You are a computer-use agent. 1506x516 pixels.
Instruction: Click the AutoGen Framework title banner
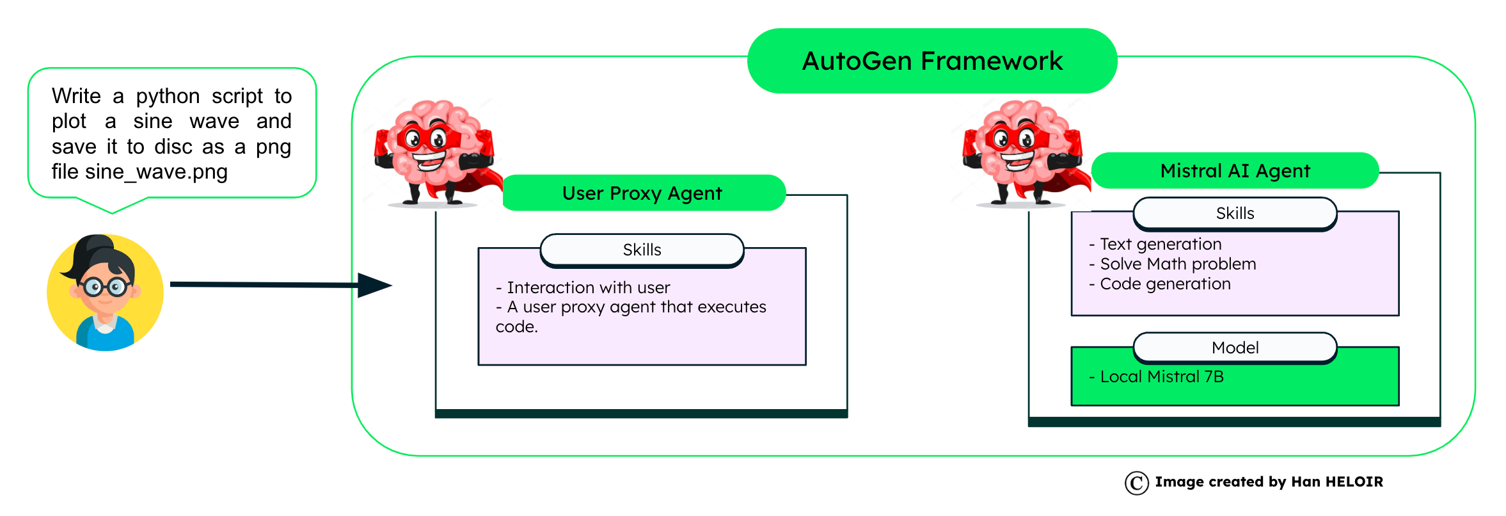click(x=931, y=61)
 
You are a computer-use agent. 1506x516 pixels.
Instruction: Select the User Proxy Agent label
click(x=642, y=193)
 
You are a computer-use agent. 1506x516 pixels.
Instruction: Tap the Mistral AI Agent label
click(x=1235, y=171)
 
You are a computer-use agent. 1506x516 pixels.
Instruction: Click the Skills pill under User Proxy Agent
click(x=642, y=250)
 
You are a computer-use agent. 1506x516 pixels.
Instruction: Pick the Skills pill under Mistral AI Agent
click(x=1235, y=213)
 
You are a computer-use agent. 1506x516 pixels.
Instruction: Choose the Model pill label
click(x=1235, y=348)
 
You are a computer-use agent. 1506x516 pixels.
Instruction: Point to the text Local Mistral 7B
click(x=1161, y=376)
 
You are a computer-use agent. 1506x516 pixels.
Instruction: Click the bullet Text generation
click(x=1160, y=244)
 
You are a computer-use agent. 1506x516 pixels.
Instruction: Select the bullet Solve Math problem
click(x=1177, y=264)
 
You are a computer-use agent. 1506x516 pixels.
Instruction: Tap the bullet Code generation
click(x=1164, y=284)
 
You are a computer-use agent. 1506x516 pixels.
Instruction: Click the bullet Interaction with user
click(x=587, y=287)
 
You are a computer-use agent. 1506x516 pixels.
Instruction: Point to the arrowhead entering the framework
click(x=375, y=285)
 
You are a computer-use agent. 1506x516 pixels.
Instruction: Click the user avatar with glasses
click(x=105, y=292)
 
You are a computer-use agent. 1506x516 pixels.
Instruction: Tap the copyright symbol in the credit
click(x=1136, y=483)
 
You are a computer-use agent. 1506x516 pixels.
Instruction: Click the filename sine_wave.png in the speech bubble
click(x=156, y=172)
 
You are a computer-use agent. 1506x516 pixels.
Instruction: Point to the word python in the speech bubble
click(x=168, y=96)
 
